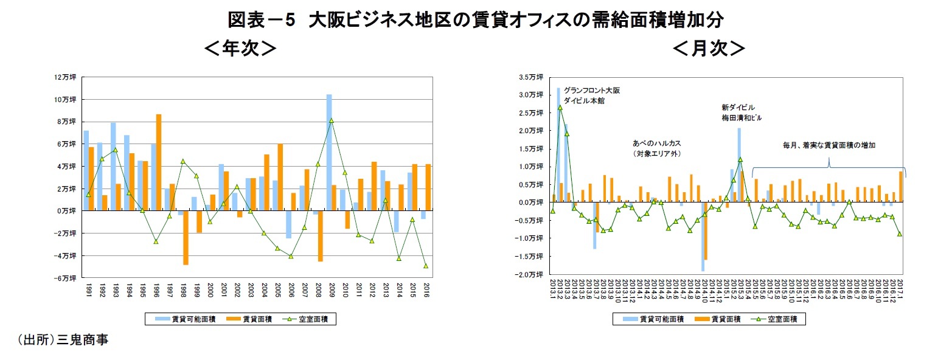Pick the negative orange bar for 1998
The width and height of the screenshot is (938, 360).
[x=186, y=238]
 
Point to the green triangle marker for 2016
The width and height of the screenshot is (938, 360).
[x=426, y=266]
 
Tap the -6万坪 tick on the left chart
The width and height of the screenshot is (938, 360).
[x=65, y=278]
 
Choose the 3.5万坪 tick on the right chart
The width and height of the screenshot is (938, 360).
[x=531, y=77]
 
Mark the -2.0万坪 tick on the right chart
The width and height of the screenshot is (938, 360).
[x=531, y=275]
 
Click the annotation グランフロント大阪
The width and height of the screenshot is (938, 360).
[x=591, y=90]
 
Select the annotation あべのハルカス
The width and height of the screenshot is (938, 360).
[x=656, y=143]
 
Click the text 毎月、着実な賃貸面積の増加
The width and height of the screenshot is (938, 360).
[x=829, y=145]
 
